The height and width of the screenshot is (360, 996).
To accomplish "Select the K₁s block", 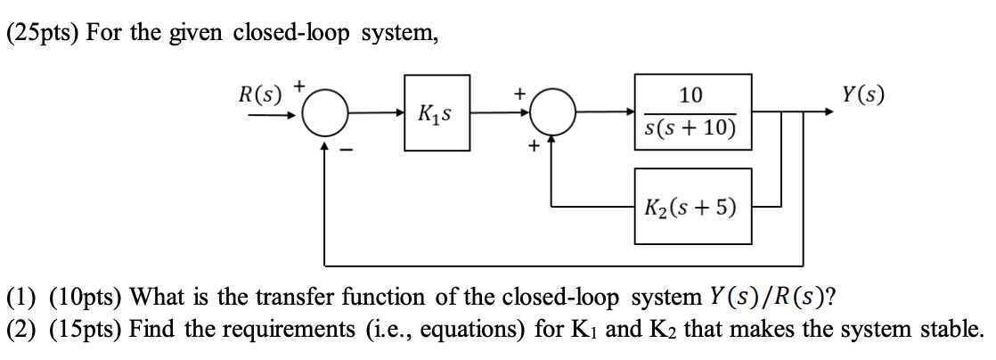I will (437, 113).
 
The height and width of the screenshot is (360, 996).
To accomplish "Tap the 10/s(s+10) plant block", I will (690, 112).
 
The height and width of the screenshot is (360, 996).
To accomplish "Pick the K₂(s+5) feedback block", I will (690, 207).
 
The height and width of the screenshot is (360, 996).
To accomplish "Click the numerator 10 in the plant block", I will (690, 95).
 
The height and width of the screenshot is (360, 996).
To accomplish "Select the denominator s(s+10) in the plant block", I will (690, 129).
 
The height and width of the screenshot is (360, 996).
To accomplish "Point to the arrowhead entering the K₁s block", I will (400, 113).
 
